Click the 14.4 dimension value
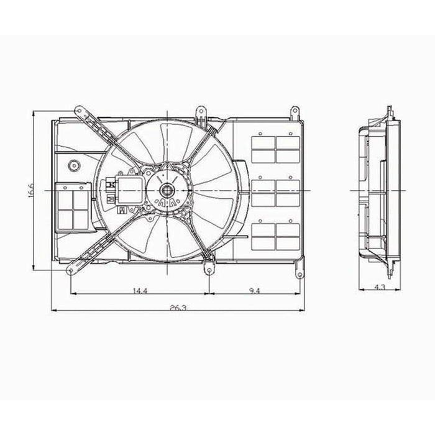click(140, 291)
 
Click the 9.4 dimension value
click(254, 291)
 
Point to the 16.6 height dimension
click(30, 190)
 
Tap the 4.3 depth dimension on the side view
click(380, 287)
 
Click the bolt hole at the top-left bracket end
click(80, 111)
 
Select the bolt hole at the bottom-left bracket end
click(71, 270)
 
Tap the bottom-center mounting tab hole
click(209, 270)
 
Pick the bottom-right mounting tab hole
click(300, 275)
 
